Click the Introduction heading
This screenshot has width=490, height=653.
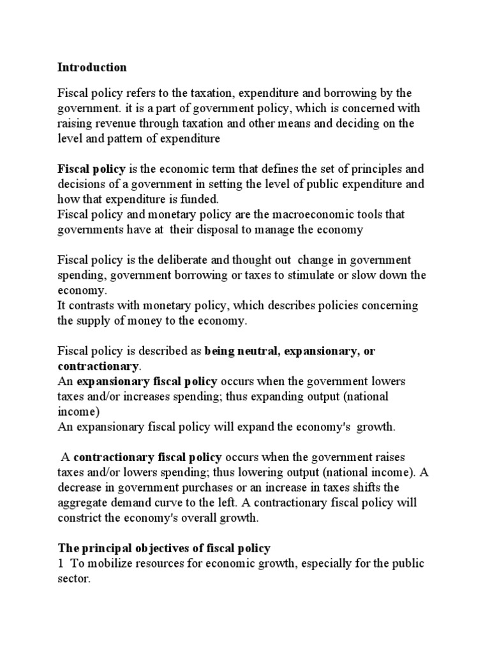pyautogui.click(x=93, y=67)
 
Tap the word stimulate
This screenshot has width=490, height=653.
pyautogui.click(x=330, y=275)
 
